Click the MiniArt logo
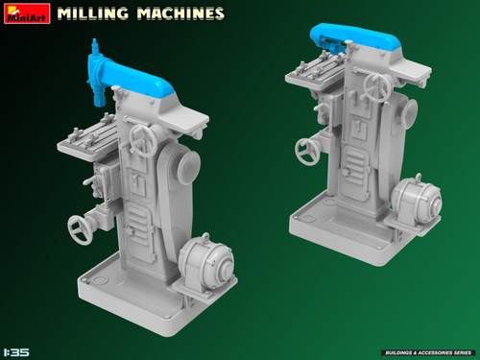[x=25, y=14]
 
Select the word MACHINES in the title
[x=180, y=14]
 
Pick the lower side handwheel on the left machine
[x=81, y=228]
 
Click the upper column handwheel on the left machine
[x=145, y=140]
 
